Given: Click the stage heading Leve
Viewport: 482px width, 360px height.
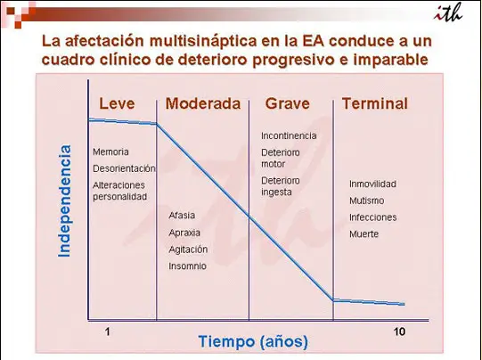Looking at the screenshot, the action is click(117, 103).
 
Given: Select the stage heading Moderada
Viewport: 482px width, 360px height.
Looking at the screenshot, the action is click(203, 103).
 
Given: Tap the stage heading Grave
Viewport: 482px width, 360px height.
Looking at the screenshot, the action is click(288, 103).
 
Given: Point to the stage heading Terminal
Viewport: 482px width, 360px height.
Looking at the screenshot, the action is click(375, 103).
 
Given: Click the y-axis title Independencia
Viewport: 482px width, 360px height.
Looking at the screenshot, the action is click(64, 200).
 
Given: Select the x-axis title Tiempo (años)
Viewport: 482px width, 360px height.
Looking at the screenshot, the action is click(253, 341).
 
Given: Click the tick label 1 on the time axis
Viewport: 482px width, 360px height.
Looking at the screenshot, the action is click(107, 331).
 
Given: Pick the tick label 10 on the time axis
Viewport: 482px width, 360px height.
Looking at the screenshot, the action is click(399, 331).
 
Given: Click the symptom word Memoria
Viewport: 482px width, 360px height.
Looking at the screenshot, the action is click(110, 151).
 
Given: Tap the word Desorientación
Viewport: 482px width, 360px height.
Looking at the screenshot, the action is click(124, 168).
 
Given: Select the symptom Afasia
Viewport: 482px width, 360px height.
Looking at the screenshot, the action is click(182, 216).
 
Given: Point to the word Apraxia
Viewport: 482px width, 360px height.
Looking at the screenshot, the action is click(184, 233).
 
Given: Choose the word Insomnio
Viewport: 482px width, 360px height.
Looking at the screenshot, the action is click(187, 266).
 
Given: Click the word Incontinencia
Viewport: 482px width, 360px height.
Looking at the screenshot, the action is click(289, 135).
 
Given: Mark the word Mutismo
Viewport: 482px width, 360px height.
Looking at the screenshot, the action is click(367, 200).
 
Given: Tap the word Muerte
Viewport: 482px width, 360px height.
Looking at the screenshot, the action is click(364, 234).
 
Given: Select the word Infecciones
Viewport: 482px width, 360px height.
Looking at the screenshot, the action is click(373, 217).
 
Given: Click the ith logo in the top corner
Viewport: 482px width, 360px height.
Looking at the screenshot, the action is click(448, 12).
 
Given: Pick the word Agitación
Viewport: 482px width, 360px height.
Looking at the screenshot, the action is click(188, 250).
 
